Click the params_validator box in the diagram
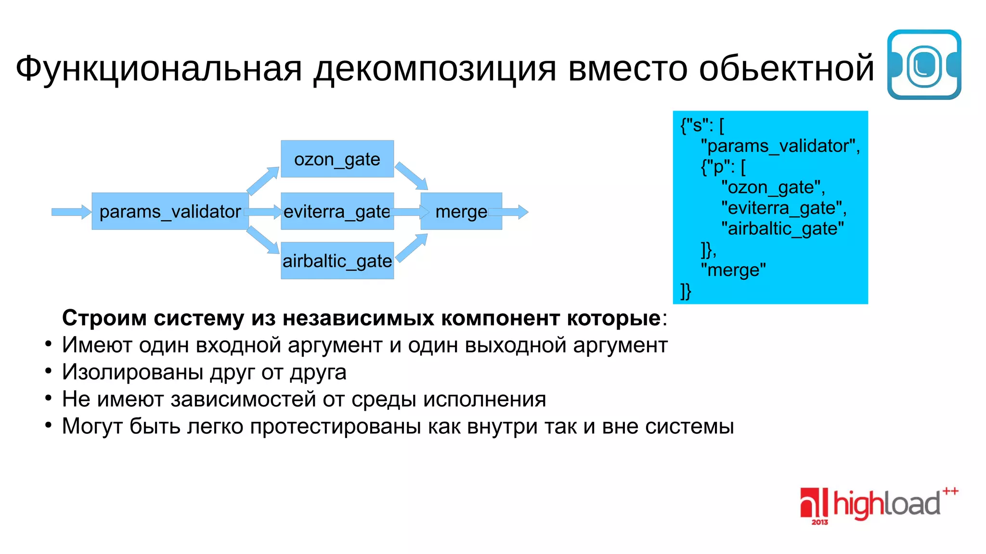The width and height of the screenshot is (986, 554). pos(169,212)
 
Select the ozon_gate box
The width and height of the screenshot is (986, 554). pos(337,159)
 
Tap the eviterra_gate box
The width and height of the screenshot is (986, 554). pos(337,212)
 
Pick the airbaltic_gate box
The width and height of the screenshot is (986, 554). pos(337,261)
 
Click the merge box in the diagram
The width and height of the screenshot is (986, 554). pos(461,212)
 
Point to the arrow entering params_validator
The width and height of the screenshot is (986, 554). pos(71,212)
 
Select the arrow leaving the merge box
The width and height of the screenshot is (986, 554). pos(509,212)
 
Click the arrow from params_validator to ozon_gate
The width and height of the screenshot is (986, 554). pos(263,180)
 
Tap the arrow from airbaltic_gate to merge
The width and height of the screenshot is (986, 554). pos(412,248)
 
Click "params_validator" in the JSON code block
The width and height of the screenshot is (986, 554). pos(780,146)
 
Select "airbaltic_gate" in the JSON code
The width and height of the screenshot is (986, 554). pos(782,229)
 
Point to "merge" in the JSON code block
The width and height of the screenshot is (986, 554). pos(733,270)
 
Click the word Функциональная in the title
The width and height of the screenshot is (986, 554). pos(159,68)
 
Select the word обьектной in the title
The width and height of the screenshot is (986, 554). pos(786,68)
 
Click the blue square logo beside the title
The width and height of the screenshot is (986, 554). pos(924,65)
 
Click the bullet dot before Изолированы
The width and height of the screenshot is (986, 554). pos(48,371)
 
